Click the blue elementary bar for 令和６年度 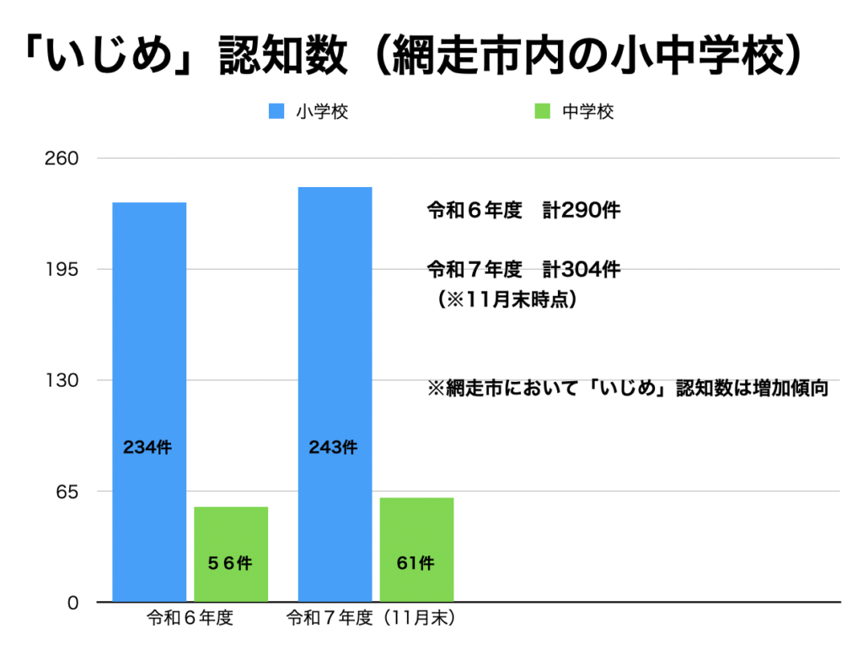click(149, 354)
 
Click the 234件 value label click(147, 448)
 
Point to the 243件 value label click(333, 448)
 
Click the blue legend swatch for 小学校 click(277, 111)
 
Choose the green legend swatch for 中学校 click(543, 111)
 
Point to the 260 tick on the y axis click(65, 158)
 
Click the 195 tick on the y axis click(65, 270)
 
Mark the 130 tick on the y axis click(65, 380)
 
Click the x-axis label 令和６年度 click(190, 618)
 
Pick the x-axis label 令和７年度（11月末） click(372, 618)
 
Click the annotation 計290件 click(582, 211)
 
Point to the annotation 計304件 click(582, 270)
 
